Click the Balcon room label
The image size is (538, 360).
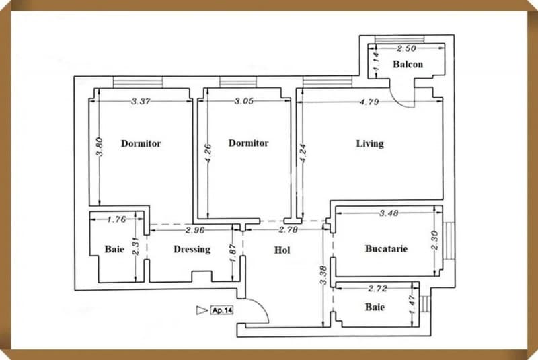pos(408,65)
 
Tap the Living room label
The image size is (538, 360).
pos(370,143)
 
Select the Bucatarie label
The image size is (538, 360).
pos(386,248)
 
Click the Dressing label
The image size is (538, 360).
pos(192,249)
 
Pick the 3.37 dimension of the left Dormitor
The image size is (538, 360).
pos(141,102)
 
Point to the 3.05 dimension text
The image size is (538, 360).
pos(243,102)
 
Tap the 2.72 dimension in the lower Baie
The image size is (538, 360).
pos(378,289)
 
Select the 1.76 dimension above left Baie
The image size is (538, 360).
pos(117,219)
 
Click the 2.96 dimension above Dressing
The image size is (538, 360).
pos(195,231)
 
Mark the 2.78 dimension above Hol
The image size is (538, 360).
pos(287,231)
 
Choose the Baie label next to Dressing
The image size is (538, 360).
pos(114,249)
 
